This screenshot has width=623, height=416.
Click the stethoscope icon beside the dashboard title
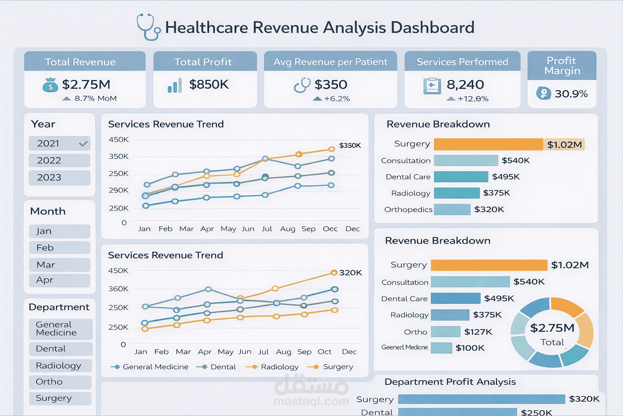[x=148, y=28]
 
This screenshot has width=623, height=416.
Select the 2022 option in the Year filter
[x=59, y=160]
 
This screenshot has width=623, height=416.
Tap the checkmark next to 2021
[x=83, y=144]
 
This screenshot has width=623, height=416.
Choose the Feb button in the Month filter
[x=59, y=248]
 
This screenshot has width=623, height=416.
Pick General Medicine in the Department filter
[x=60, y=329]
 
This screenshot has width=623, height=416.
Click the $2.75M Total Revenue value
[x=86, y=84]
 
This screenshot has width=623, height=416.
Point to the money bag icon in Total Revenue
[x=50, y=85]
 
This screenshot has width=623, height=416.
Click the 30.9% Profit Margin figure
[x=571, y=94]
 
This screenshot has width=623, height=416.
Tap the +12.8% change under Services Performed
[x=473, y=99]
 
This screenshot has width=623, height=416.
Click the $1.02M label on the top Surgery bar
[x=564, y=145]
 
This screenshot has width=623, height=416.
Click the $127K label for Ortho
[x=478, y=332]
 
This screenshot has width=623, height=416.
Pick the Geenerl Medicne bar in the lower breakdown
[x=441, y=348]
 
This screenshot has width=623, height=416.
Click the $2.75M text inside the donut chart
[x=552, y=328]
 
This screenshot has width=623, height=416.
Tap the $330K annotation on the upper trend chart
[x=350, y=145]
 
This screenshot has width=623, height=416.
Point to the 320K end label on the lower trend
[x=350, y=273]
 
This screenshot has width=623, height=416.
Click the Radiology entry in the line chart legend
[x=279, y=367]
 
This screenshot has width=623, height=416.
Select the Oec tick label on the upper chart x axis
[x=330, y=229]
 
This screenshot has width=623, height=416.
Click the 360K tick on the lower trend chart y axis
[x=118, y=289]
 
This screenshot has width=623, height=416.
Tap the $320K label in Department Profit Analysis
[x=584, y=399]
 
